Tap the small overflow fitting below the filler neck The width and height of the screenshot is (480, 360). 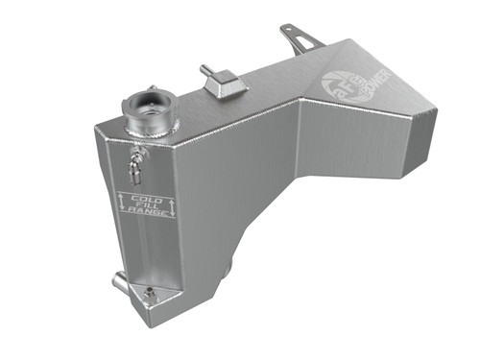point(136,158)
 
